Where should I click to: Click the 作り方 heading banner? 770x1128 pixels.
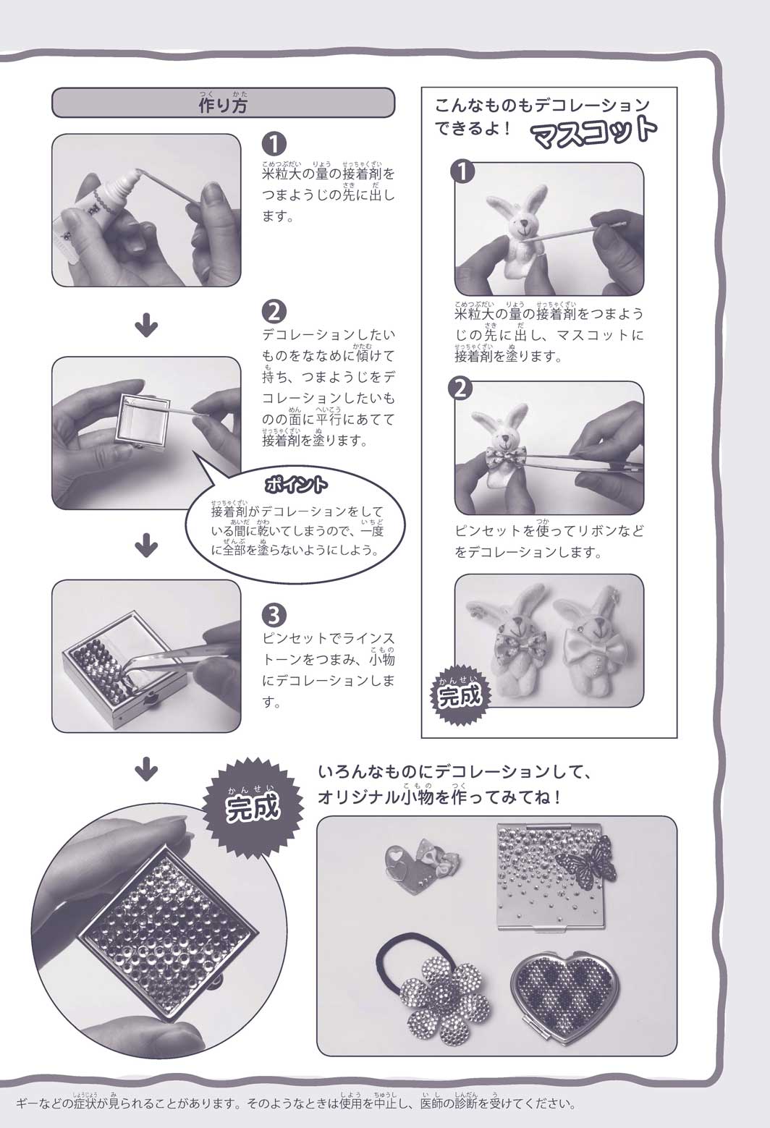point(223,103)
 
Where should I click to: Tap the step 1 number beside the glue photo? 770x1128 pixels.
point(274,145)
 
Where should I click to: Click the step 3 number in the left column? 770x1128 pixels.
point(274,615)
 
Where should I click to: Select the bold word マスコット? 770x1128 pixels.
point(594,132)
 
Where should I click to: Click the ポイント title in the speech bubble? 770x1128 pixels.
point(296,485)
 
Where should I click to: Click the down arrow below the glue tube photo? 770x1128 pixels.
point(147,328)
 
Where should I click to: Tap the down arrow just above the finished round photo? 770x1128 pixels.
point(147,771)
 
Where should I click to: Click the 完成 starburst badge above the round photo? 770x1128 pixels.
point(253,805)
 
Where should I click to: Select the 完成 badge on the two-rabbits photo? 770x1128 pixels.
point(460,694)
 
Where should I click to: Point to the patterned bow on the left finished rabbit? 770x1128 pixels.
point(512,646)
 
